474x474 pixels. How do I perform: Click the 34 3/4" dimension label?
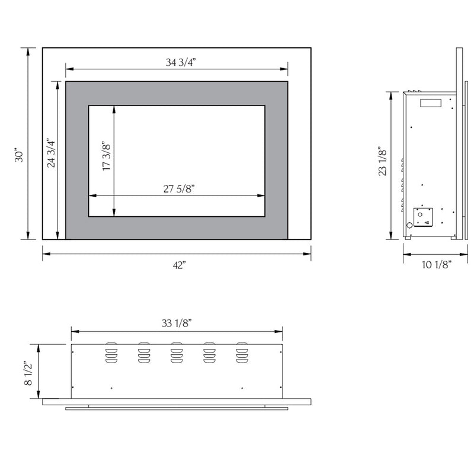[x=177, y=61]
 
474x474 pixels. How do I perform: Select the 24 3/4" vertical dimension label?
[x=50, y=153]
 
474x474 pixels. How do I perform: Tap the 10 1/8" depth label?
[x=437, y=264]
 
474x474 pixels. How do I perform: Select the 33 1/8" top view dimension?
[x=177, y=323]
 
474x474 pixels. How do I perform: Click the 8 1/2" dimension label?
[x=28, y=373]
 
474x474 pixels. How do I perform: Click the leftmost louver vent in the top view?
[x=110, y=353]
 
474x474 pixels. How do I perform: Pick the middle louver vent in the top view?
[x=176, y=353]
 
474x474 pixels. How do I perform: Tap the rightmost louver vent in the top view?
[x=242, y=353]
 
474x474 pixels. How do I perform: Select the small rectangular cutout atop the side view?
[x=431, y=103]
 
